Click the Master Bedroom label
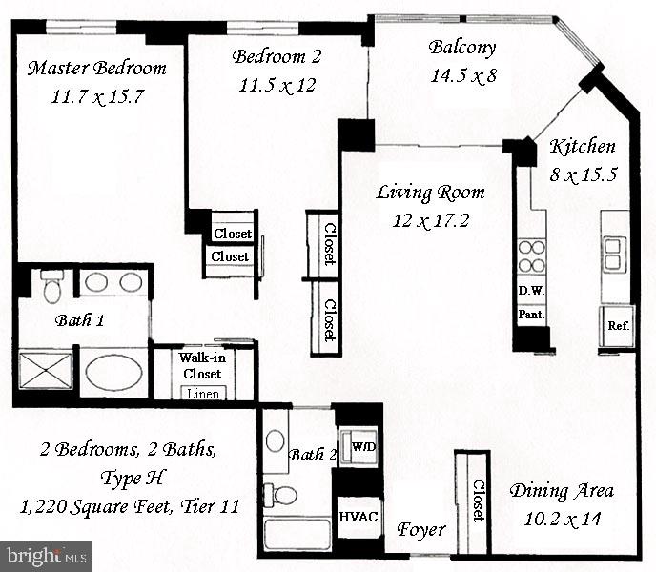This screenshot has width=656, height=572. tap(96, 69)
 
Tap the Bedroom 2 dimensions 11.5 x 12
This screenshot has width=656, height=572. tap(277, 85)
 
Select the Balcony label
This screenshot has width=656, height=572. tap(461, 48)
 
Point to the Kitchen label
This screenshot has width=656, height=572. tap(583, 147)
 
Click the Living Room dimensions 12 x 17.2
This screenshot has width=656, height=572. tap(430, 221)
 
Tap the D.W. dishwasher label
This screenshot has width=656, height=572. tap(531, 290)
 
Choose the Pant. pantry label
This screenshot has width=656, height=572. tap(531, 313)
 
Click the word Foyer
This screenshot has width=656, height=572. tap(420, 529)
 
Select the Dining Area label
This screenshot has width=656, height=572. tap(561, 492)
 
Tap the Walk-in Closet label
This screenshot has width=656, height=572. tap(201, 366)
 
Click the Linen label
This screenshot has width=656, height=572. tap(202, 393)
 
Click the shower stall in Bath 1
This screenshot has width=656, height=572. tap(46, 372)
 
